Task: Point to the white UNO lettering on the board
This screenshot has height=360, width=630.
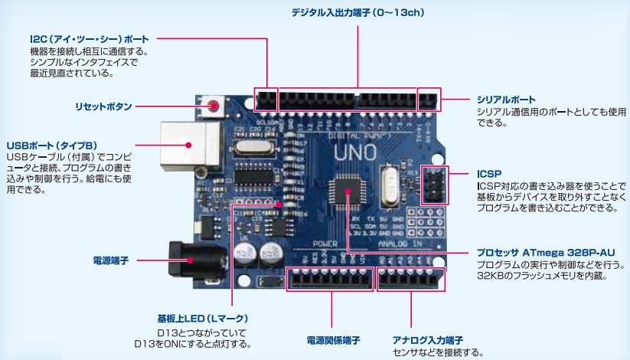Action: pyautogui.click(x=357, y=152)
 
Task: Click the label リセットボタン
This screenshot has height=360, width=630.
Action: pyautogui.click(x=103, y=106)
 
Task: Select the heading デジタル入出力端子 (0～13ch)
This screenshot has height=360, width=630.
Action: pyautogui.click(x=357, y=13)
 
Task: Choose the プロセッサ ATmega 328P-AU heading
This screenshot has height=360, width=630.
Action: pyautogui.click(x=546, y=253)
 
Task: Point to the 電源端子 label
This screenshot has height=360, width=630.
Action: pyautogui.click(x=110, y=261)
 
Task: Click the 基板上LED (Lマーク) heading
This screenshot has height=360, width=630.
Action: pyautogui.click(x=202, y=318)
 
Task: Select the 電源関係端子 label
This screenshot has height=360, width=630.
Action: pyautogui.click(x=333, y=340)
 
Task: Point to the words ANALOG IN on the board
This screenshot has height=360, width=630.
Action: pyautogui.click(x=401, y=244)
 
